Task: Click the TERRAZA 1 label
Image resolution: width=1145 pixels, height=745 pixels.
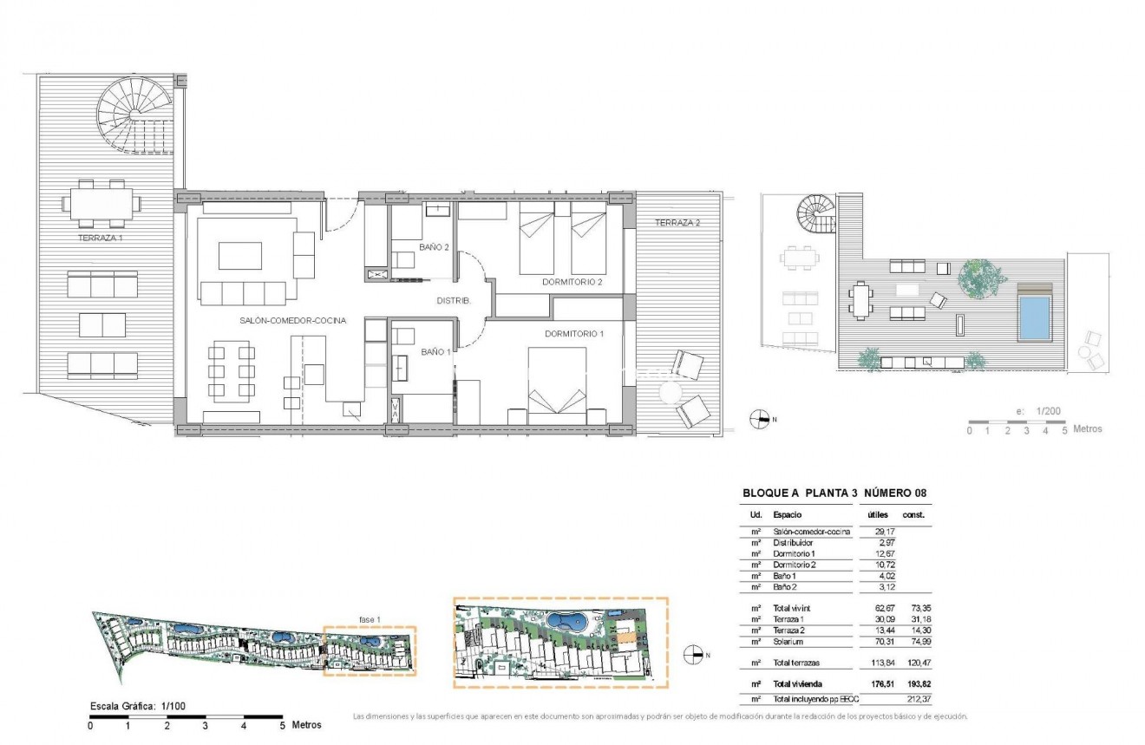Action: pos(101,236)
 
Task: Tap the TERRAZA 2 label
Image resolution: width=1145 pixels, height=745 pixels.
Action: pos(677,223)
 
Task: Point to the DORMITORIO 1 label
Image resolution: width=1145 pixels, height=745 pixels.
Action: pos(574,334)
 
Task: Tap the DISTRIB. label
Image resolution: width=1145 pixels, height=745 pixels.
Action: pos(453,300)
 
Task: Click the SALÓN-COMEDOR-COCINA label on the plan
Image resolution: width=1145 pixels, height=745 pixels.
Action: pos(293,320)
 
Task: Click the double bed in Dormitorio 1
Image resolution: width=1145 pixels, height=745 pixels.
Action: pos(559,386)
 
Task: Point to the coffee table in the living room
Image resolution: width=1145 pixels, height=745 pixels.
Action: pos(239,256)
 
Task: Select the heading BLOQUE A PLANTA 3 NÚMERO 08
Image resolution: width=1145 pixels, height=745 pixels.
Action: pos(834,493)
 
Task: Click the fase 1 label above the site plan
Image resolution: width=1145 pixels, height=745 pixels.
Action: pos(370,618)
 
